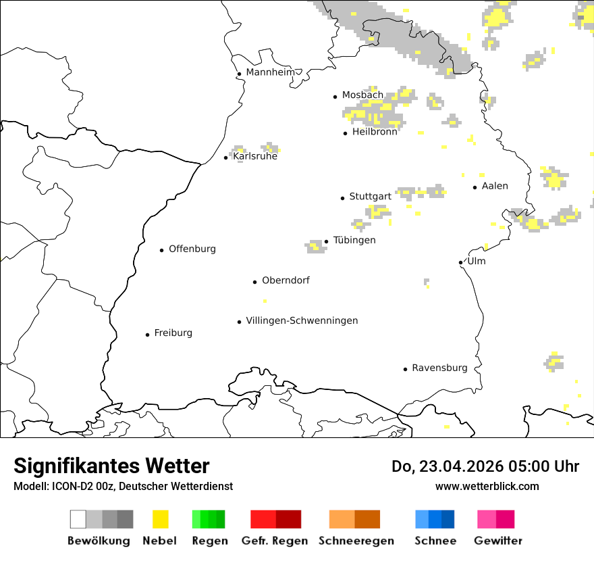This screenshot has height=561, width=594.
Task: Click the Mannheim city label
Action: pos(271,72)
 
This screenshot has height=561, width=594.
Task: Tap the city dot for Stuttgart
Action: pos(342,198)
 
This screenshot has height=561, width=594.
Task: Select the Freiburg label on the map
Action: pos(173,333)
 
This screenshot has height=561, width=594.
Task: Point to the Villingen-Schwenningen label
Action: pos(302,321)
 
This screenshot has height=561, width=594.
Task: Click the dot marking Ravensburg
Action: pos(405,369)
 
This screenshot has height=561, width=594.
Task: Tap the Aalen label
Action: pos(495,187)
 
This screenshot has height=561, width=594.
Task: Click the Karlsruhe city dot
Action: pos(225,157)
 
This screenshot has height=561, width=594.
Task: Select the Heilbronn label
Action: pos(375,132)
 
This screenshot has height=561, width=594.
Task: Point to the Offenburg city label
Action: pos(192,249)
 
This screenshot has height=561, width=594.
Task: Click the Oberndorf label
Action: pos(286,280)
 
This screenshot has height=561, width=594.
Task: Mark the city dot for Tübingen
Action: pos(326,241)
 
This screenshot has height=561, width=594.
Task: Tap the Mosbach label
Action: pos(362,95)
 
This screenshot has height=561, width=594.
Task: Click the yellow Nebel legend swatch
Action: pos(160,519)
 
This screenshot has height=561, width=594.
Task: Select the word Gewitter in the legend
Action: pos(498,541)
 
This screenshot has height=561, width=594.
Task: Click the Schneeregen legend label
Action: pos(356,541)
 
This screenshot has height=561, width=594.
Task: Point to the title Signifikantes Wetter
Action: pos(111,466)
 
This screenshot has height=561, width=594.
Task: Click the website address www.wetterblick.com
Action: pos(487,487)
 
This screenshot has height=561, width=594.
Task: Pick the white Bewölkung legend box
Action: pos(78,519)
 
